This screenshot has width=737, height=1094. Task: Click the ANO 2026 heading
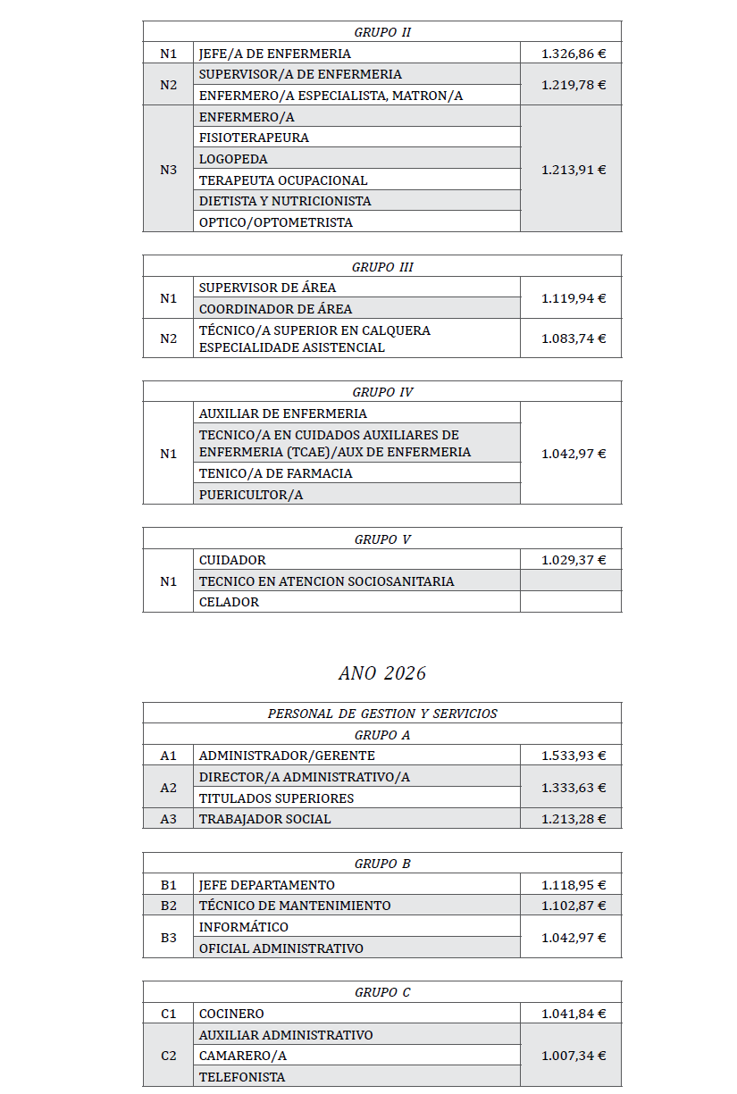pos(381,673)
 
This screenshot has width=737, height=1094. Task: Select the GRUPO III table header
pos(381,267)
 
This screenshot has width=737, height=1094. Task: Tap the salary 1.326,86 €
pos(573,54)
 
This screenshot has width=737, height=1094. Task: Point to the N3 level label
pos(168,169)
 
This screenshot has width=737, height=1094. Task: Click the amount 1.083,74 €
pos(573,338)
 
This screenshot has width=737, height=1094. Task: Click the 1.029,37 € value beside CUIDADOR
pos(573,560)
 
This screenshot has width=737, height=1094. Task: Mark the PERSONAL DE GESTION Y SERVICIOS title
pos(381,714)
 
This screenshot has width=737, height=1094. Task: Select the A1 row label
pos(168,756)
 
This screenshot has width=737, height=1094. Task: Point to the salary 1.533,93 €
pos(573,756)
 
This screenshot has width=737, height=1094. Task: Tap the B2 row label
pos(168,906)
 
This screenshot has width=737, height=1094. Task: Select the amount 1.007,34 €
pos(573,1056)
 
